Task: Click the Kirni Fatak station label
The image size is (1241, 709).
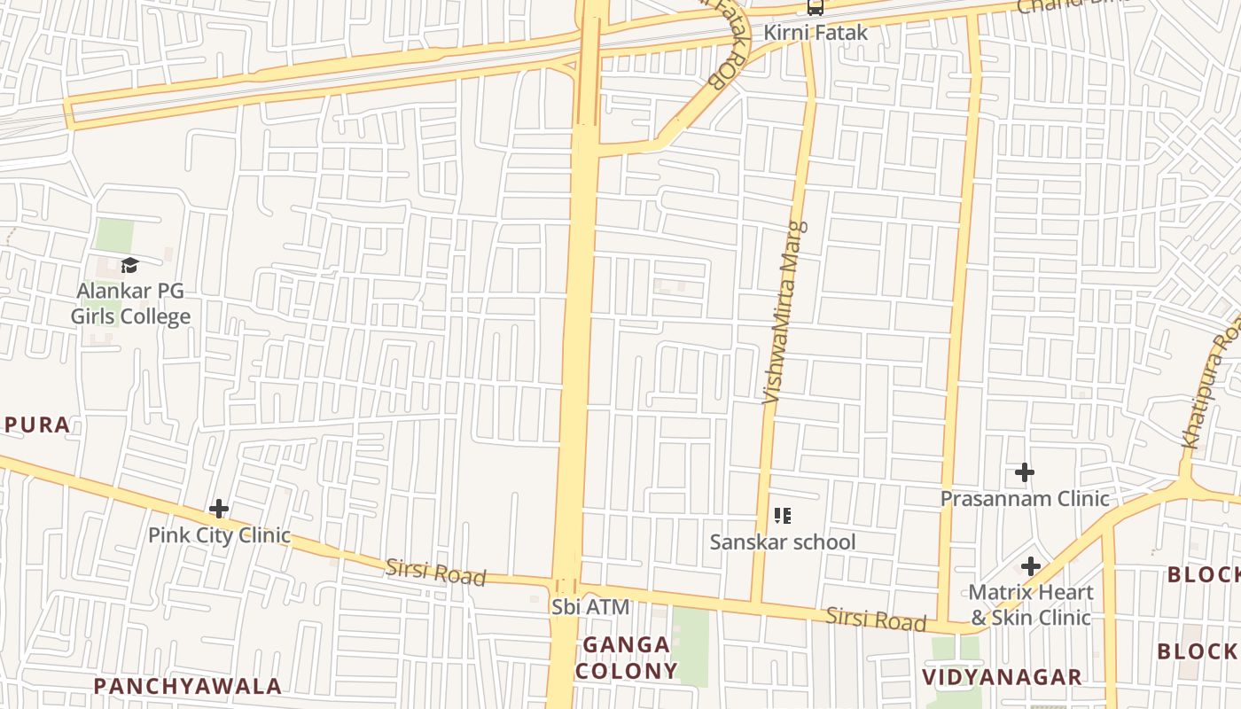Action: [816, 34]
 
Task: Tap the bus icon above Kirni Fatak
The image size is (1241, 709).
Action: [815, 8]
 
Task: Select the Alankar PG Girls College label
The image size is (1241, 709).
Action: [131, 304]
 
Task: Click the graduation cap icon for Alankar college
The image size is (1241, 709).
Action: [130, 265]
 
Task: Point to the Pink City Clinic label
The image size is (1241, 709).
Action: [219, 535]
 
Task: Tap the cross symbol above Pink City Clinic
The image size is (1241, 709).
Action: [219, 510]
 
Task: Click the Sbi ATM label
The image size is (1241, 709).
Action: [590, 608]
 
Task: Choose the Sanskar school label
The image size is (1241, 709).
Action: [783, 541]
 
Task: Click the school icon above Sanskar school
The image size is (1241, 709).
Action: [782, 515]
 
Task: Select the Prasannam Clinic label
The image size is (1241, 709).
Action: [1025, 498]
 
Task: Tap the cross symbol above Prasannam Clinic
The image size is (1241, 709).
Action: [1025, 472]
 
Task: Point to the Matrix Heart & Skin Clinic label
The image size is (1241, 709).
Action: [1030, 604]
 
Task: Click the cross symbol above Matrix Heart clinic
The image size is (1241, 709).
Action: [1030, 566]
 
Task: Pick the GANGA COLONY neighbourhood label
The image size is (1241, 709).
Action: [626, 658]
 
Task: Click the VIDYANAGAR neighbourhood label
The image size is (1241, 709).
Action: [1002, 678]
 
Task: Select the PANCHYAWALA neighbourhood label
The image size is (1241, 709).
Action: [188, 686]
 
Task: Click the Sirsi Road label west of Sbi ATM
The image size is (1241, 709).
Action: [436, 573]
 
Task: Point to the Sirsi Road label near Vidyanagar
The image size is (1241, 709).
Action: [876, 619]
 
